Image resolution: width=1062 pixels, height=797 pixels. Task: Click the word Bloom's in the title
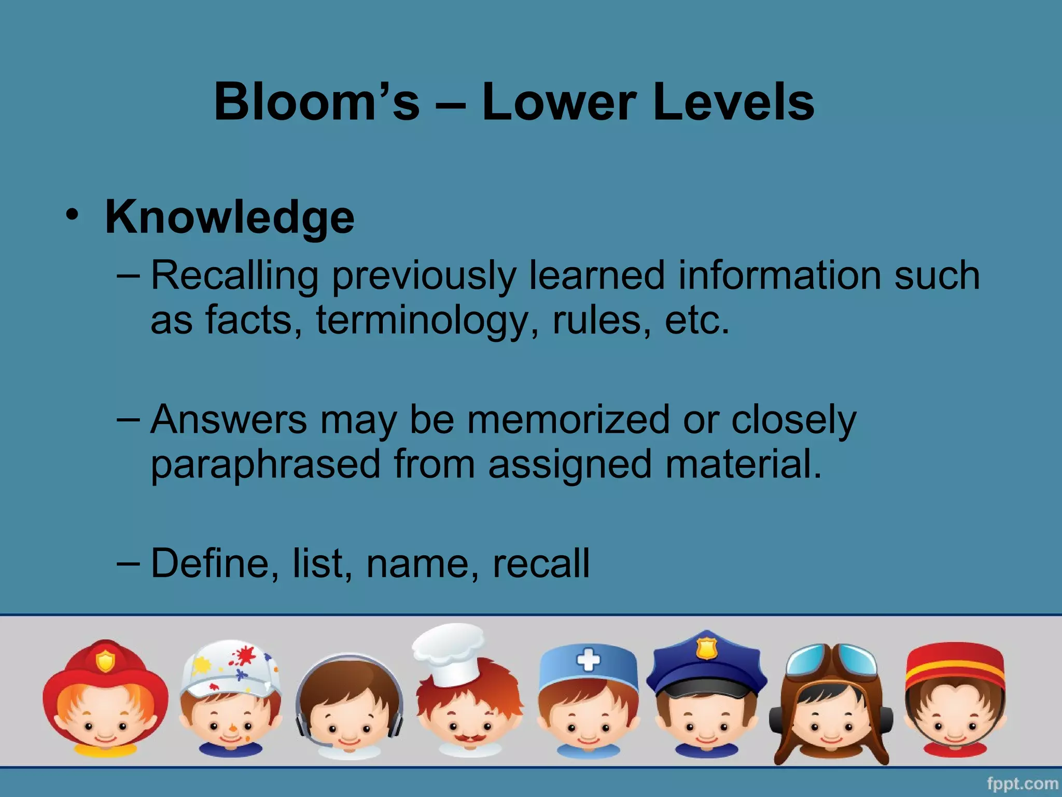316,102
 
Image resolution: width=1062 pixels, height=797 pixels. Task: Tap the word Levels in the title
733,102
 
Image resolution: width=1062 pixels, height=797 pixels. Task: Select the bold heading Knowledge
230,217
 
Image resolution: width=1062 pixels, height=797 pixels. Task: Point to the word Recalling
234,276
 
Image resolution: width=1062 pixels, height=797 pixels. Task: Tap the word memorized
568,419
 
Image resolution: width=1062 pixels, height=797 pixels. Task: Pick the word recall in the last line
540,563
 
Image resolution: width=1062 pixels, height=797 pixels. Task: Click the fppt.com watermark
1022,783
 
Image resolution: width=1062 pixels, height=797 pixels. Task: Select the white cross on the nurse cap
588,661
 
